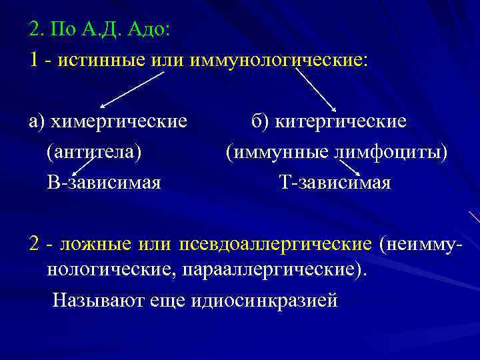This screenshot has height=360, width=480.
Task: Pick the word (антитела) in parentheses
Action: pos(94,152)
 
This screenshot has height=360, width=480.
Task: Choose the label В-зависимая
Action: pos(103,182)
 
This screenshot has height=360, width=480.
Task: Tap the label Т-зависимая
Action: pos(335,182)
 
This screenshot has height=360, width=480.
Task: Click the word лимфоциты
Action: pos(387,152)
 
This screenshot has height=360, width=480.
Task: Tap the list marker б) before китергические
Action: pos(260,122)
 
